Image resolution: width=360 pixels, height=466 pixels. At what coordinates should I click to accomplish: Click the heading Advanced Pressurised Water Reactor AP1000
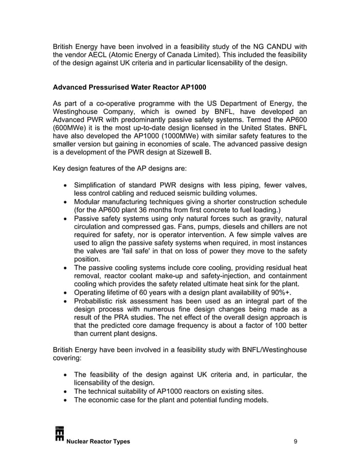tap(129, 88)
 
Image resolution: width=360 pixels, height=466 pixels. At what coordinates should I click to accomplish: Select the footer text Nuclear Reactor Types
tap(98, 441)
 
